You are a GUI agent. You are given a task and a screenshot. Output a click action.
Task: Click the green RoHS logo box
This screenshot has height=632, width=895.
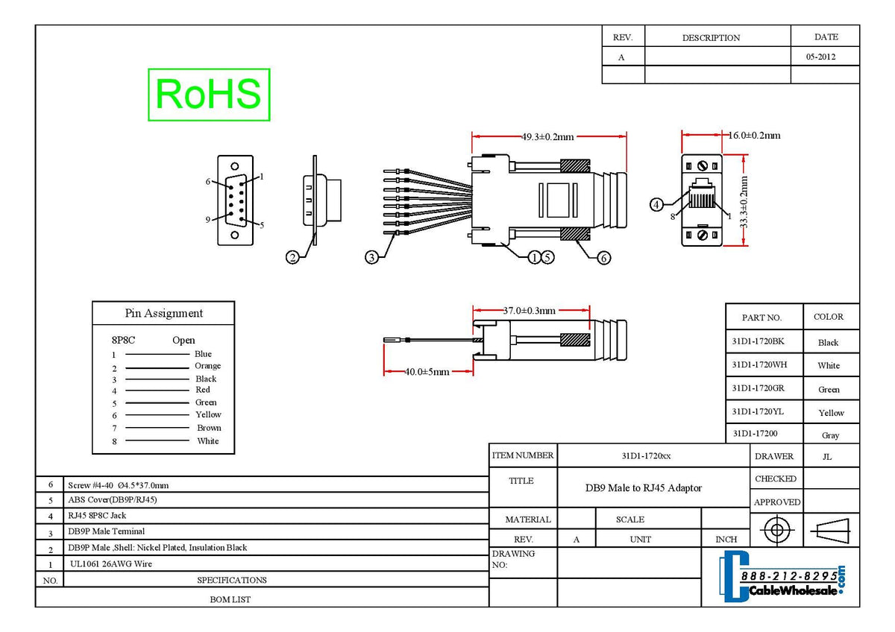209,95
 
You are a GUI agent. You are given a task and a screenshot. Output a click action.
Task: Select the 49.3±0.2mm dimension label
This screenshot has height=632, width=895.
547,136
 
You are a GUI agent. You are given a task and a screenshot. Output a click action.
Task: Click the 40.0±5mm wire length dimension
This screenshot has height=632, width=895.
427,371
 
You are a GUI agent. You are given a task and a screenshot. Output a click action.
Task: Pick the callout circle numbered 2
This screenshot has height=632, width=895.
293,257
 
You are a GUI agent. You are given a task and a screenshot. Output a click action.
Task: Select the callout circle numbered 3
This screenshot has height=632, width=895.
371,257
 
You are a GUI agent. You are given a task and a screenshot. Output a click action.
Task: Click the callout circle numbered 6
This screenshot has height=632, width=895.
603,257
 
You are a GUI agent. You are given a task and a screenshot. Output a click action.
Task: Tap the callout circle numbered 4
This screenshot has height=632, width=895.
657,204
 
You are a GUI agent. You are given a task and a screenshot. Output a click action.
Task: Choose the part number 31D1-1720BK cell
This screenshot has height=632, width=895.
759,341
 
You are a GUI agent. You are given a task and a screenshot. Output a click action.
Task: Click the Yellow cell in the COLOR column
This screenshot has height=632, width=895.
831,413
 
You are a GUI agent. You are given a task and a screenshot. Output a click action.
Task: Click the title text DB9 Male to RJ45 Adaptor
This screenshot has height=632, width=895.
643,488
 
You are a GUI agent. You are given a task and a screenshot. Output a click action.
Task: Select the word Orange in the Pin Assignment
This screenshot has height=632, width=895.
207,366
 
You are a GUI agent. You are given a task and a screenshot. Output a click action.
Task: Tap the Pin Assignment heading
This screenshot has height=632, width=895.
163,313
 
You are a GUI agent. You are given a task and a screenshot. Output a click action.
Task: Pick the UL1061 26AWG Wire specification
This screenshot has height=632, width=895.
110,564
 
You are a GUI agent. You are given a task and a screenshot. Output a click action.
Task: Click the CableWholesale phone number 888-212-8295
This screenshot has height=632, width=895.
788,577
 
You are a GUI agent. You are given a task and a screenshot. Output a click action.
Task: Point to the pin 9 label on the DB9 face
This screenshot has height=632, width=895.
209,219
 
